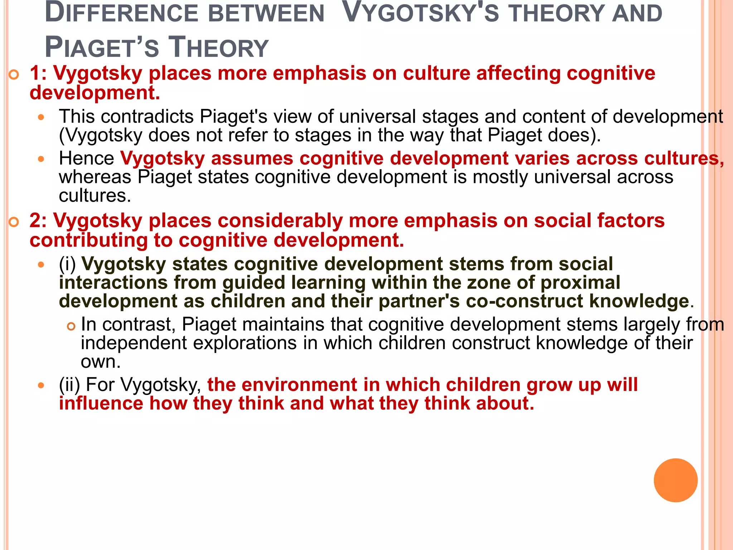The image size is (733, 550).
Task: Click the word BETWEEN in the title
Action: [x=266, y=14]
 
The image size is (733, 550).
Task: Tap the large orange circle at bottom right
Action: [x=675, y=480]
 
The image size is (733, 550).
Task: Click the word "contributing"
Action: [x=88, y=240]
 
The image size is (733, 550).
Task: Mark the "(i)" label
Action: [x=68, y=264]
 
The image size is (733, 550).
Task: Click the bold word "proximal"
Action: [x=580, y=283]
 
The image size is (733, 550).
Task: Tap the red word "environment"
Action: [x=300, y=385]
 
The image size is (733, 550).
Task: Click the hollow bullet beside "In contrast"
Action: [x=72, y=326]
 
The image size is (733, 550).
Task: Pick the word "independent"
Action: [x=134, y=343]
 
